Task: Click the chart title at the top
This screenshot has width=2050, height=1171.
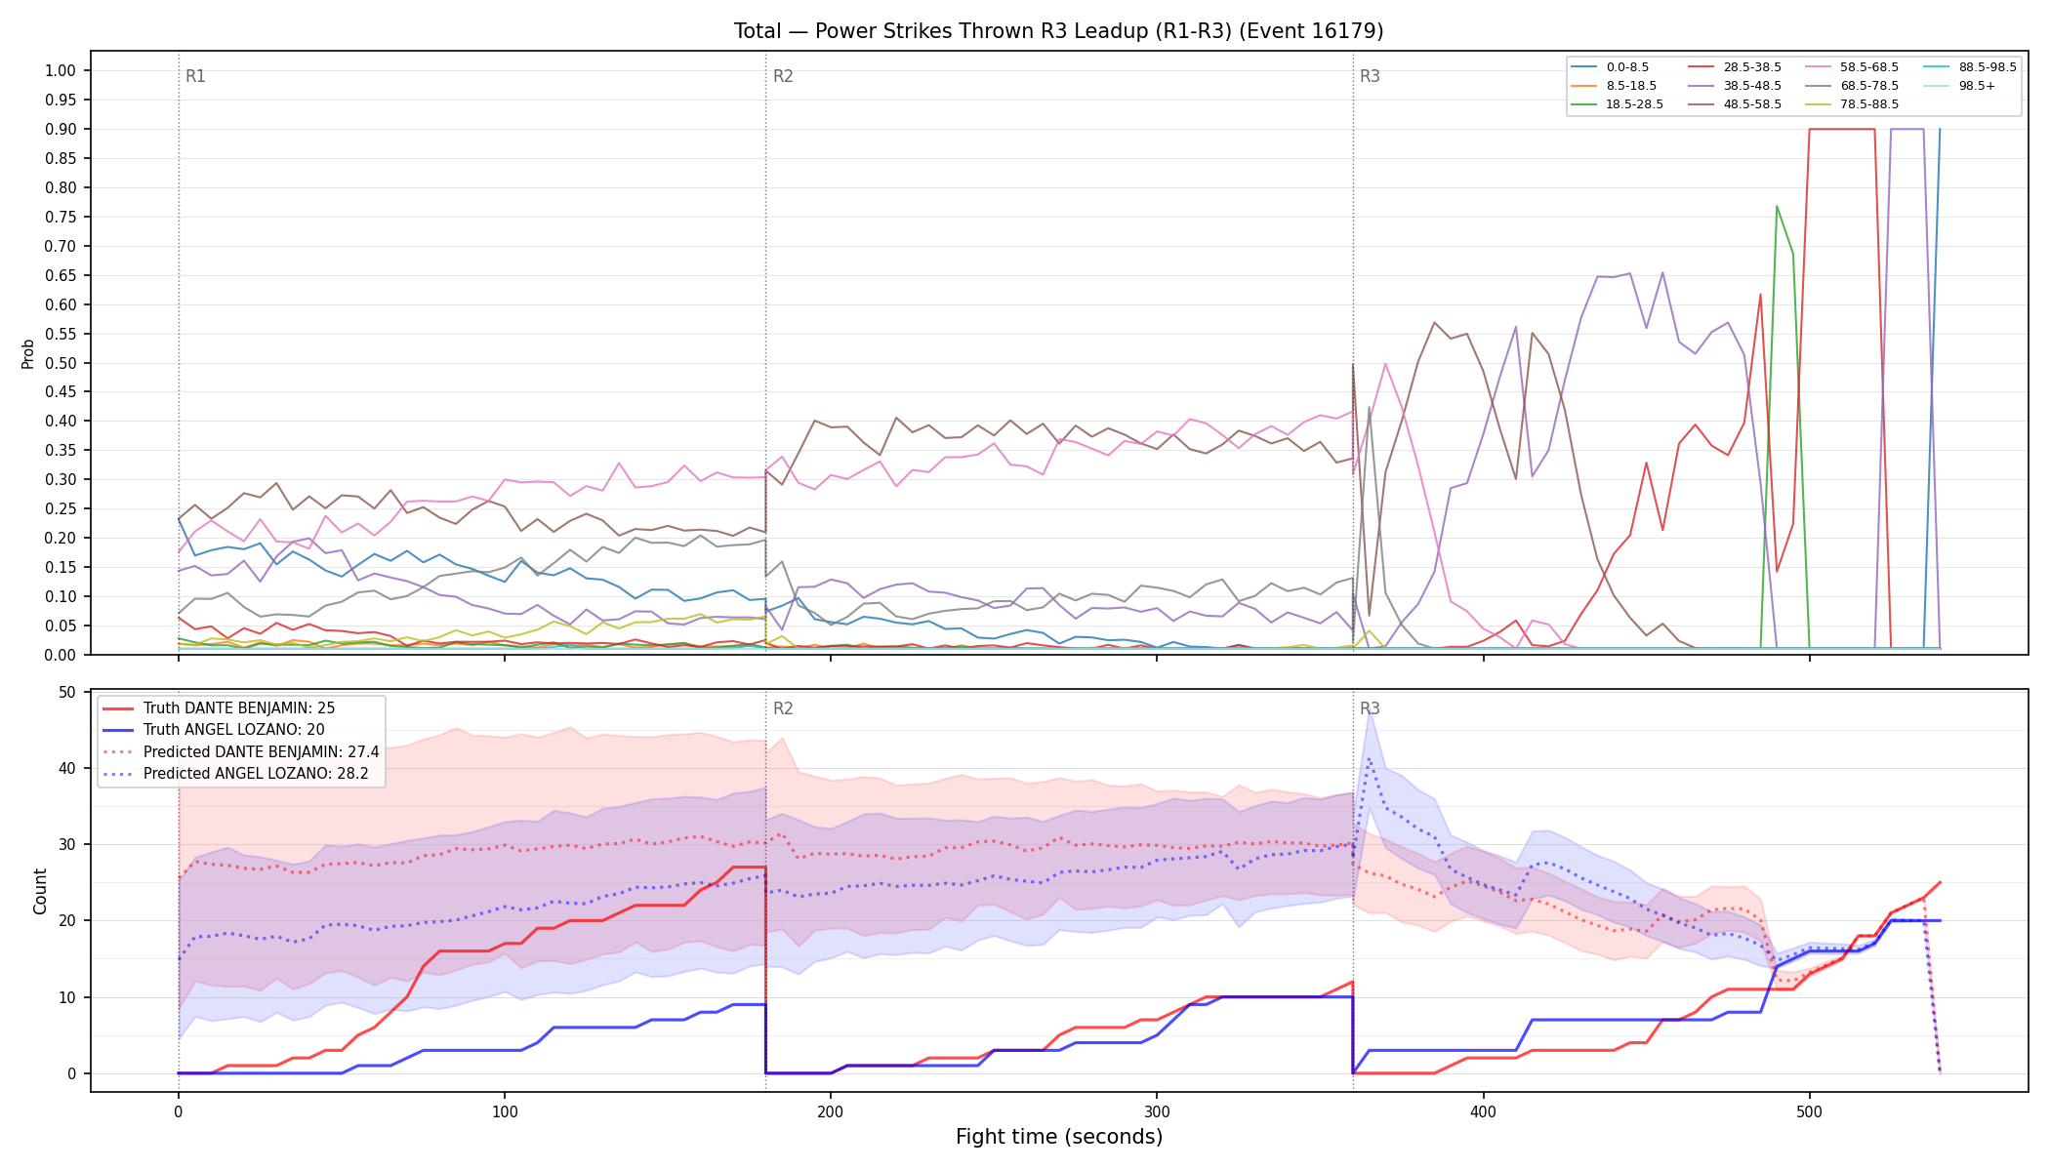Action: [1058, 31]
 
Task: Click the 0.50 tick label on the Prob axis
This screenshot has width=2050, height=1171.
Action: [61, 363]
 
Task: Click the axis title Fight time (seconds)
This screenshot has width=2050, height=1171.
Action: [1059, 1137]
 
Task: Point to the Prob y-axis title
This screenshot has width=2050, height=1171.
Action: [27, 353]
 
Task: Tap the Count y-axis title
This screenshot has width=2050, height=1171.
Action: [40, 891]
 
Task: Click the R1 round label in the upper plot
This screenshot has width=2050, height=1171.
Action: [195, 76]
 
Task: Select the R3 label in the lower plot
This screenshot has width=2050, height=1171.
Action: [1370, 708]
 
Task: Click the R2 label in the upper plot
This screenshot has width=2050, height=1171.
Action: [783, 76]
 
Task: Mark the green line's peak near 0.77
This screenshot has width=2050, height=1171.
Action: [1777, 206]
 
